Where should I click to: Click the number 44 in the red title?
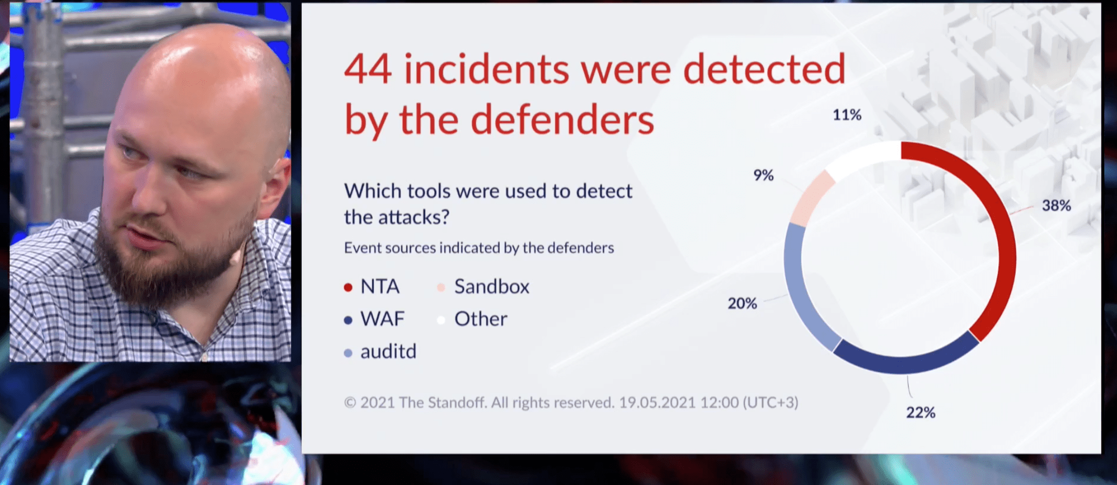pyautogui.click(x=367, y=69)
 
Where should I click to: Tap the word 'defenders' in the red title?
pyautogui.click(x=562, y=120)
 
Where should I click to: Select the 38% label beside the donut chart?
pyautogui.click(x=1056, y=205)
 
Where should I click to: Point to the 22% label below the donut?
pyautogui.click(x=921, y=413)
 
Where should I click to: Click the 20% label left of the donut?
pyautogui.click(x=742, y=303)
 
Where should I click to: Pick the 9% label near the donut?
pyautogui.click(x=764, y=175)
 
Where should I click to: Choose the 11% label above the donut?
pyautogui.click(x=847, y=115)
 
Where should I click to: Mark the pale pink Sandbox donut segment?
pyautogui.click(x=811, y=197)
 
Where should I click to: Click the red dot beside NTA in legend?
pyautogui.click(x=348, y=288)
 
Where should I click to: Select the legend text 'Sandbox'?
pyautogui.click(x=492, y=287)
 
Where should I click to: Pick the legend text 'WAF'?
pyautogui.click(x=383, y=319)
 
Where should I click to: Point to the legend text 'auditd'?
pyautogui.click(x=388, y=351)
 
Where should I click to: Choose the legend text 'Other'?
pyautogui.click(x=481, y=319)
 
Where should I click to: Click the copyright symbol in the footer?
pyautogui.click(x=350, y=403)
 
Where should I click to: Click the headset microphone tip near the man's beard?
pyautogui.click(x=235, y=258)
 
